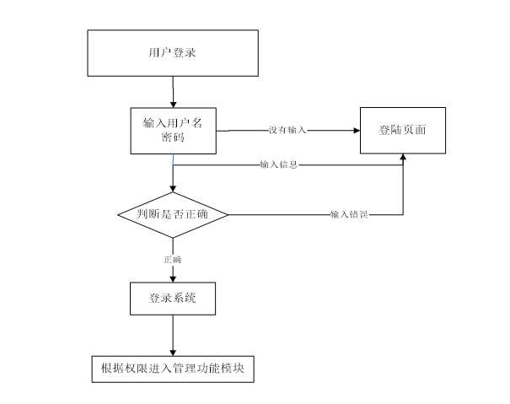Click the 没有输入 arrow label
point(287,130)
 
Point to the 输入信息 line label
point(279,164)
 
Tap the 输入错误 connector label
point(349,214)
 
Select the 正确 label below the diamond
point(172,260)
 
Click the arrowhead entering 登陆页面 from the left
point(357,131)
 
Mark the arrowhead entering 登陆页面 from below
point(403,157)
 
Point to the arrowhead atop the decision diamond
point(173,189)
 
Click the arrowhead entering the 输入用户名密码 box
point(173,105)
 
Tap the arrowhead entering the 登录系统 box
point(173,279)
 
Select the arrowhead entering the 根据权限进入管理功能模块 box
point(173,353)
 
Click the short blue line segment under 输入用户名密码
point(173,159)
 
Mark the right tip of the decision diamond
point(228,215)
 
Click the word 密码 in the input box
point(173,137)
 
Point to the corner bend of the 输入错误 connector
point(403,214)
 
